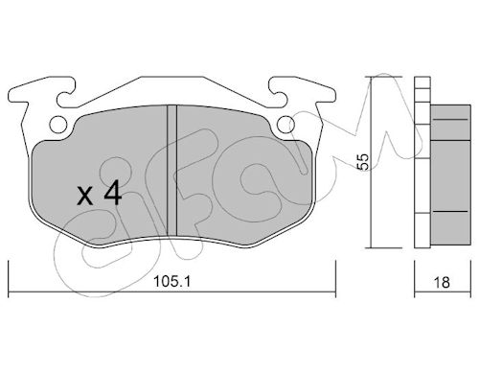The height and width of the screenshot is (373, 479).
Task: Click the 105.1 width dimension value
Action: point(171,282)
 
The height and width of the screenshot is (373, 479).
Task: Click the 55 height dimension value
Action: point(363,162)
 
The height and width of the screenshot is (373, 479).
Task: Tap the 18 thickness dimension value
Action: point(442,283)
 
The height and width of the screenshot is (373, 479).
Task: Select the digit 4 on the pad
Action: point(112,192)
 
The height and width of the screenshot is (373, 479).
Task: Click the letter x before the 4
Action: point(85,197)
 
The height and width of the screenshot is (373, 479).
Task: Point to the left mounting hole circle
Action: point(58,124)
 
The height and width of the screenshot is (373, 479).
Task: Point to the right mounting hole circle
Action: point(285,124)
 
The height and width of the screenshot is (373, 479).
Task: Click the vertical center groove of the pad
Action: point(172,171)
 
